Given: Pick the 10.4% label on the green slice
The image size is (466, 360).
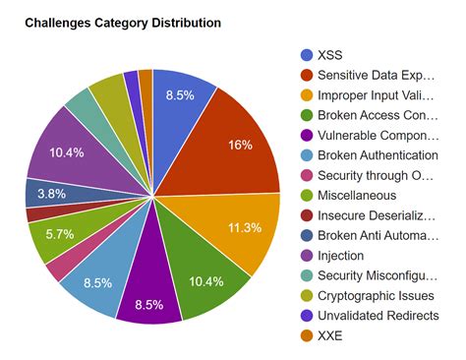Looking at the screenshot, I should tap(205, 281).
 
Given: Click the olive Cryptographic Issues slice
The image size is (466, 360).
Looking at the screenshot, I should tap(105, 92).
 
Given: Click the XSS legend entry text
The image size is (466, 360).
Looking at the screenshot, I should tap(331, 55).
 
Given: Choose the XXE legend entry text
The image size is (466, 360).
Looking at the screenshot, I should tap(331, 336).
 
